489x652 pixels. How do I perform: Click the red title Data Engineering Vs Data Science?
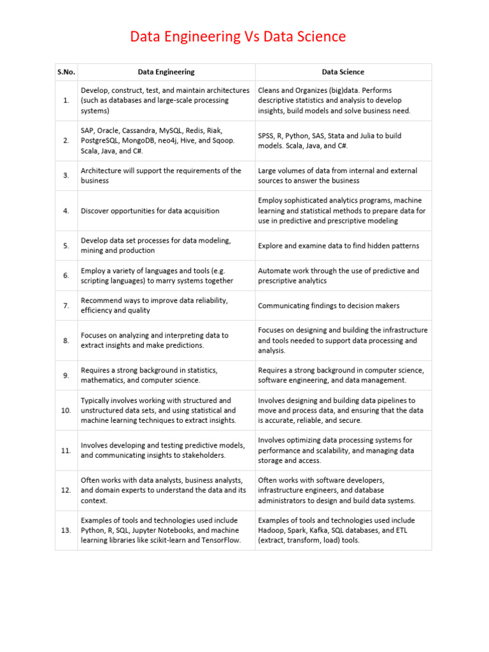tap(237, 37)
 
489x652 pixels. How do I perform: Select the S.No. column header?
tap(66, 72)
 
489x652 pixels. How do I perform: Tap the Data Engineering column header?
tap(166, 72)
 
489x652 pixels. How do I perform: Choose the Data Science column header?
tap(343, 72)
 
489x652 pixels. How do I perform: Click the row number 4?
tap(66, 211)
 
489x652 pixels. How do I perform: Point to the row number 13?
tap(66, 530)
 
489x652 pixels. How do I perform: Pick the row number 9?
tap(66, 375)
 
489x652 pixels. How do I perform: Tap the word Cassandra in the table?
tap(141, 131)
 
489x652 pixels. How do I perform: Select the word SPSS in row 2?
tap(267, 136)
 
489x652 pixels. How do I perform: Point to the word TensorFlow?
tap(223, 541)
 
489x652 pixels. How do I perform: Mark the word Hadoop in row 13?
tap(272, 530)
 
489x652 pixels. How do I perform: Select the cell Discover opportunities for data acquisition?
tap(150, 211)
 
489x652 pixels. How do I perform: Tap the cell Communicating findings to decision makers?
tap(329, 306)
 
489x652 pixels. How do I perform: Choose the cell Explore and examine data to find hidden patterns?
tap(339, 246)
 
